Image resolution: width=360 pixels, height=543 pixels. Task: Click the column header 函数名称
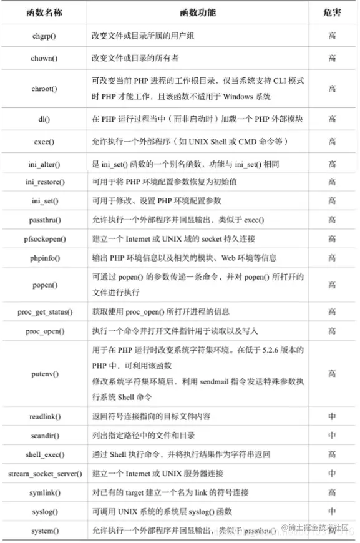[x=44, y=12]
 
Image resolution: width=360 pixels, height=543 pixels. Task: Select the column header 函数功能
[x=198, y=12]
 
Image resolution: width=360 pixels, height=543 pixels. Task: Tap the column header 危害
[x=333, y=12]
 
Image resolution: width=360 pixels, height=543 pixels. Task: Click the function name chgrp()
[x=44, y=36]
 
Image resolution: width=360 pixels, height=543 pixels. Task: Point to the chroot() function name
[x=44, y=89]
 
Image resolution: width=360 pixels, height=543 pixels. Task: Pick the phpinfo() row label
[x=44, y=258]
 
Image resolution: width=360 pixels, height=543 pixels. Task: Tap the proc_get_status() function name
[x=44, y=311]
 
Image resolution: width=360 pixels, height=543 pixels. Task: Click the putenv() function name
[x=44, y=374]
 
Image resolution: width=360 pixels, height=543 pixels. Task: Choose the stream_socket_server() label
[x=44, y=474]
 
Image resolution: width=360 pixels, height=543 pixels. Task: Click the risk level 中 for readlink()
[x=333, y=416]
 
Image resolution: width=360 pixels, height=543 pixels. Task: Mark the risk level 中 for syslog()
[x=333, y=512]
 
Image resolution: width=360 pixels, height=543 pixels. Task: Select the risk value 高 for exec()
[x=333, y=142]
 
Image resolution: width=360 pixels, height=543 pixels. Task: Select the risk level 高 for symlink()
[x=333, y=492]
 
